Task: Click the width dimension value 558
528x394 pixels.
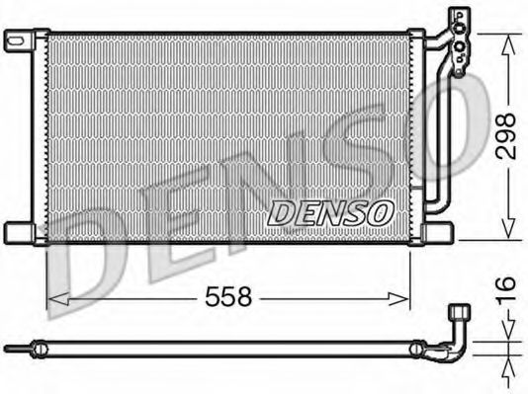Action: [x=229, y=295]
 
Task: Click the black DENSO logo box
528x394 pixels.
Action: [x=332, y=211]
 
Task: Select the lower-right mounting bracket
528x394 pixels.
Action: [x=439, y=232]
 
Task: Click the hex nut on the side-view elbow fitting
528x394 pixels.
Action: [x=457, y=315]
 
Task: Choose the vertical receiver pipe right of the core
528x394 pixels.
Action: [x=435, y=128]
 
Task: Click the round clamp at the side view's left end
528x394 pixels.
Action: [x=37, y=348]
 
